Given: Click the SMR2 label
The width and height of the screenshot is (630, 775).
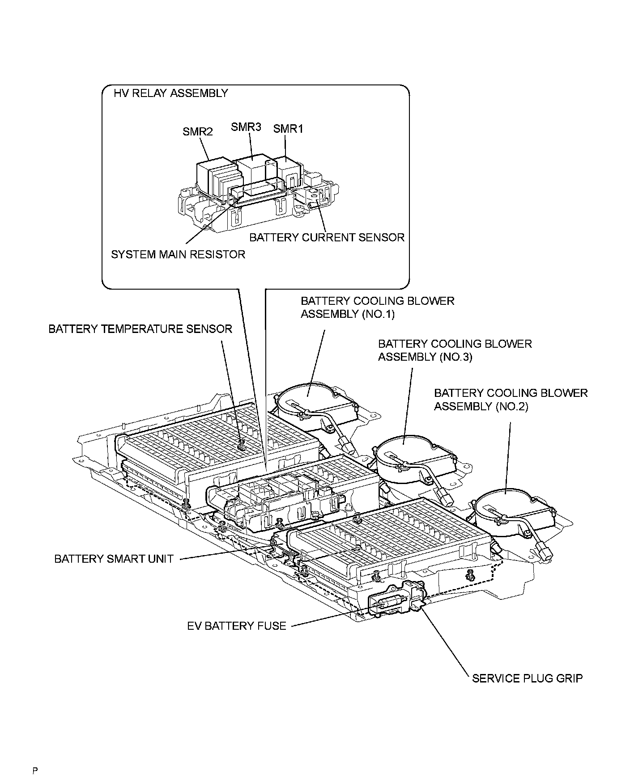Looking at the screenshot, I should coord(197,131).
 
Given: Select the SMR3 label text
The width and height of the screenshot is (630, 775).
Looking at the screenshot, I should coord(246,126).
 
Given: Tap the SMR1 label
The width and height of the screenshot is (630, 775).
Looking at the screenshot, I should coord(288,129).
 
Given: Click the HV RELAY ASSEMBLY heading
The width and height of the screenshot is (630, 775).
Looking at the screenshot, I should coord(171,93).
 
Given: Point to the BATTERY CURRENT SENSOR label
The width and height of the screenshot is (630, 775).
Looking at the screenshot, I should coord(327,237).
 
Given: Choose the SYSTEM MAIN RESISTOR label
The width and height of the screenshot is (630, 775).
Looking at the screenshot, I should coord(178,254).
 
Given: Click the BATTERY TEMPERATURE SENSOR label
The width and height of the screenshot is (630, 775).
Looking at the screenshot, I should coord(140,329).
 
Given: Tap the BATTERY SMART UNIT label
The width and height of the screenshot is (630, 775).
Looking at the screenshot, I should coord(114,559).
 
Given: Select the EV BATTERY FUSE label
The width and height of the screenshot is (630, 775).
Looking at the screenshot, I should coord(237,626).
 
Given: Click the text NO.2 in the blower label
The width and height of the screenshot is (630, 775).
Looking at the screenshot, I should coord(512,407).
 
